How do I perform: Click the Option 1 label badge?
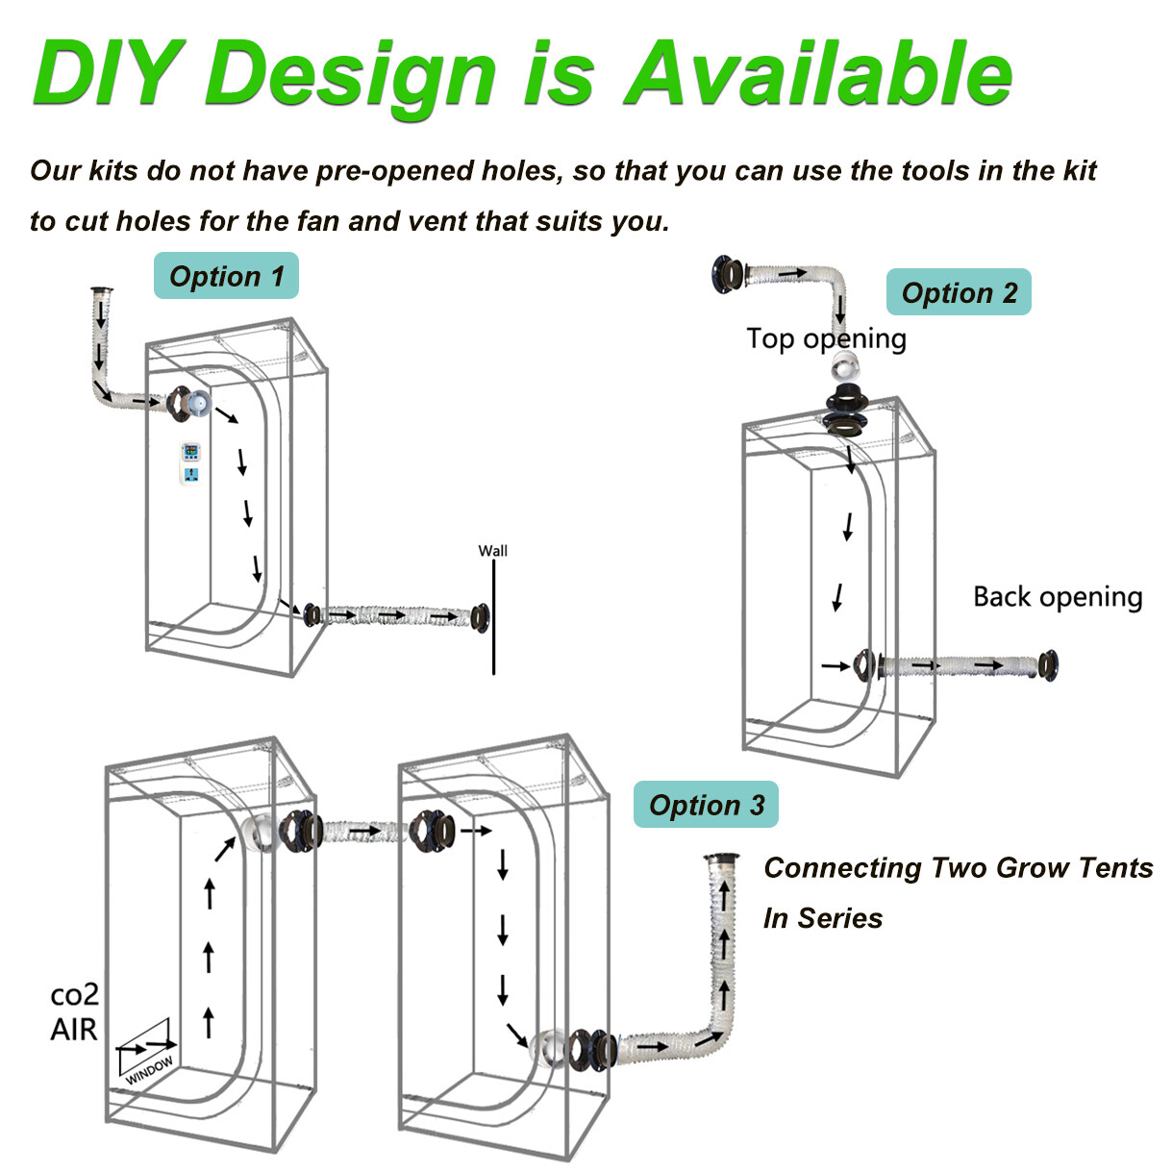[226, 276]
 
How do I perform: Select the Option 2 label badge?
[959, 292]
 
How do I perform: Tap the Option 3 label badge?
[706, 805]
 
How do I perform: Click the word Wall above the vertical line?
[492, 551]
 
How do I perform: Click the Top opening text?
[826, 338]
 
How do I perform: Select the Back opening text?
[1058, 597]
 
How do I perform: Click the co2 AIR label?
[74, 1011]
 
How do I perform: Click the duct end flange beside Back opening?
[1047, 665]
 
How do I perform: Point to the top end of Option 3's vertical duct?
[721, 859]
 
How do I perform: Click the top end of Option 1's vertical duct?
[101, 290]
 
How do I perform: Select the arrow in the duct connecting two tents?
[364, 830]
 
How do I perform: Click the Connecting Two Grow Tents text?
[958, 868]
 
